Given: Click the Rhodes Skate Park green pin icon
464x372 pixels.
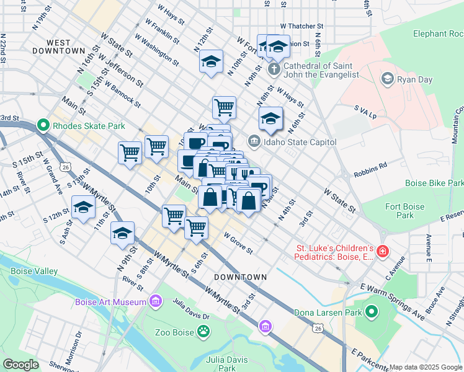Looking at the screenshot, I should (x=43, y=126).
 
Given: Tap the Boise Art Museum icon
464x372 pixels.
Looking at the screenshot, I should (x=156, y=302).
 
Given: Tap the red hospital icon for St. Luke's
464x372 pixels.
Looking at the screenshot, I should (x=383, y=252).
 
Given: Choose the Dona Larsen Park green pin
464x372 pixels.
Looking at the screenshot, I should (x=372, y=312).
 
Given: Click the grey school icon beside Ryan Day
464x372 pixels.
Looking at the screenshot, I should (x=388, y=79).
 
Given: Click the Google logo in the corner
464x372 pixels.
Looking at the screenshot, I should (x=20, y=364).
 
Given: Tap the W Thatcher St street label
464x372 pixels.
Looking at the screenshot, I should (x=302, y=27).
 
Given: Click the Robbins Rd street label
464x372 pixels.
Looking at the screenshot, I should (x=370, y=166).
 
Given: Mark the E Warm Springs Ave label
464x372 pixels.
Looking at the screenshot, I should (x=393, y=302).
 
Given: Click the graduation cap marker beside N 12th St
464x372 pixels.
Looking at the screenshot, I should (x=211, y=62).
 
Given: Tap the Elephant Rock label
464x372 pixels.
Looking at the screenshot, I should (x=437, y=34).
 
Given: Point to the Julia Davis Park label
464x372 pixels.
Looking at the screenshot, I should (x=220, y=364).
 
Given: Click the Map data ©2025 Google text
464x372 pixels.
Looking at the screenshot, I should (x=426, y=367).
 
